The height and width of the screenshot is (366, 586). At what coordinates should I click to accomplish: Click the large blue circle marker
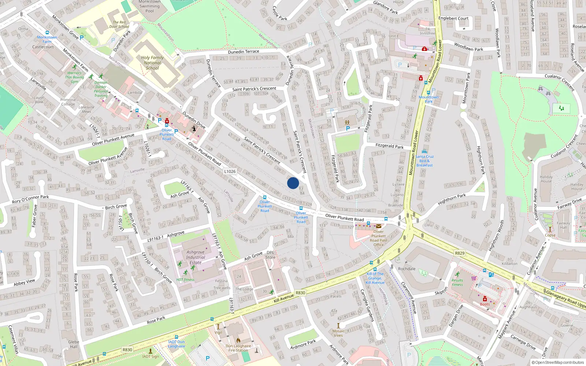point(293,183)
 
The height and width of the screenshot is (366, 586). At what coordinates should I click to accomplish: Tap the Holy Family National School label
point(152,63)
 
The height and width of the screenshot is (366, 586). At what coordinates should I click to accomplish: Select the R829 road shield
point(460,253)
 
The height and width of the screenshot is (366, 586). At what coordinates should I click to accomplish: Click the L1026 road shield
point(230,171)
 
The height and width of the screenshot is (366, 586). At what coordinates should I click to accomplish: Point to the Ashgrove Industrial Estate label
point(196,257)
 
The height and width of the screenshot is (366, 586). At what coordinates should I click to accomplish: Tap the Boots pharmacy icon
point(485,299)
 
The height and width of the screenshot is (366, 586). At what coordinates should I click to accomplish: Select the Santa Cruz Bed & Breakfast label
point(424,161)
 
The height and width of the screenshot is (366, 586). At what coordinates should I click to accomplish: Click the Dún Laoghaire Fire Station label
point(238,348)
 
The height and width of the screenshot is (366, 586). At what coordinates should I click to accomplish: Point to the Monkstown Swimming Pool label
point(149,6)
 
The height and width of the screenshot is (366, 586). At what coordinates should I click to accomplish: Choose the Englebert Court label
point(453,18)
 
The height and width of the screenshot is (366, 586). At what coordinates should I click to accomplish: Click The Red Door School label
point(119,25)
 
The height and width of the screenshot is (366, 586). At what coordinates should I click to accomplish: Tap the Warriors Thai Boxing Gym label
point(75,77)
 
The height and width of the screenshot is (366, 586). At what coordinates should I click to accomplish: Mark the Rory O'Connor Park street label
point(30,199)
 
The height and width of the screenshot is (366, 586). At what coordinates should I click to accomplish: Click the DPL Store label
point(270,255)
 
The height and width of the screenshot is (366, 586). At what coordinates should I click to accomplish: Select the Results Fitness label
point(457,283)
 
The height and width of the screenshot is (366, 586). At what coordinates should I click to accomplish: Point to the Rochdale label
point(407,269)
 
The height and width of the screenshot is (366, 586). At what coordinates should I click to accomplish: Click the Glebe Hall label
point(74,344)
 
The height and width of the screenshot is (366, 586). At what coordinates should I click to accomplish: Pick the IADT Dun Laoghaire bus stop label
point(177,344)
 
